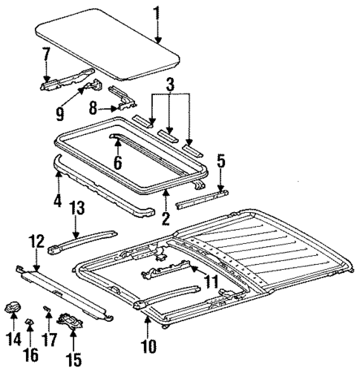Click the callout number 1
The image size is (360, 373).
[x=156, y=12]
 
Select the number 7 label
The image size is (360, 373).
[x=46, y=53]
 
